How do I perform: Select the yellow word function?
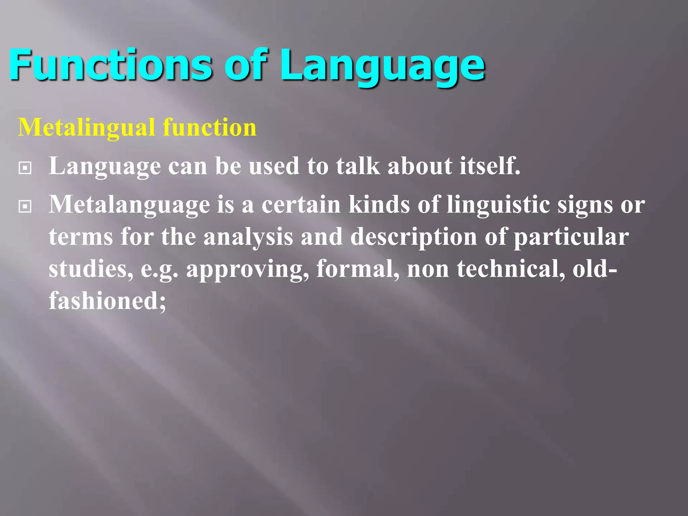point(210,128)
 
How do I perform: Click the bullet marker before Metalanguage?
point(25,206)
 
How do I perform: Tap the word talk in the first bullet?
point(358,166)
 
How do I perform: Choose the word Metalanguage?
point(129,205)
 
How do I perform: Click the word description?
point(414,237)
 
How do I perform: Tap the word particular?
point(571,237)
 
